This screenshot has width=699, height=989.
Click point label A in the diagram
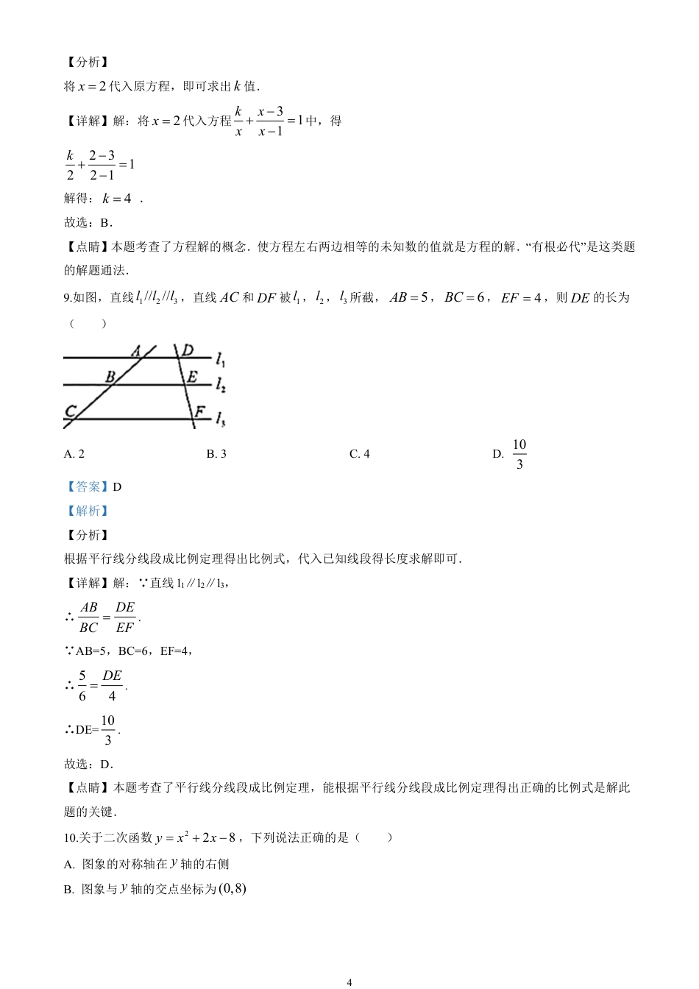click(137, 352)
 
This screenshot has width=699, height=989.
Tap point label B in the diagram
click(110, 377)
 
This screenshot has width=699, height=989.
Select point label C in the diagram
click(71, 411)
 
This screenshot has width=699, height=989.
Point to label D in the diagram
click(188, 350)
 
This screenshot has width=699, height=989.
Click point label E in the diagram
click(192, 377)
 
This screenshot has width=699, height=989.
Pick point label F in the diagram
click(199, 411)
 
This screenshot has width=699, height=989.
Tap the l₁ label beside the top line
click(221, 360)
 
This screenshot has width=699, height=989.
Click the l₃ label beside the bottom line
click(221, 419)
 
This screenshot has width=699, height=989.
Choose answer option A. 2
click(74, 454)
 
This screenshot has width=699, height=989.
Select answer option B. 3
click(216, 454)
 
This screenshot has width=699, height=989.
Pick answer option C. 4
click(360, 454)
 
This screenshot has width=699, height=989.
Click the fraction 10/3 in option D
click(519, 454)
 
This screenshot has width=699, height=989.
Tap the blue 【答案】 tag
click(87, 486)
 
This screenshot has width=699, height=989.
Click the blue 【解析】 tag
click(87, 511)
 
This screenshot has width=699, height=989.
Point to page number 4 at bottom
click(349, 982)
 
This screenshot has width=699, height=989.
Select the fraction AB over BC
click(88, 617)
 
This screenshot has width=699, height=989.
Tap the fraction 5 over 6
click(82, 686)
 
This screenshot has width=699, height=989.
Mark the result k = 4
click(117, 199)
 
